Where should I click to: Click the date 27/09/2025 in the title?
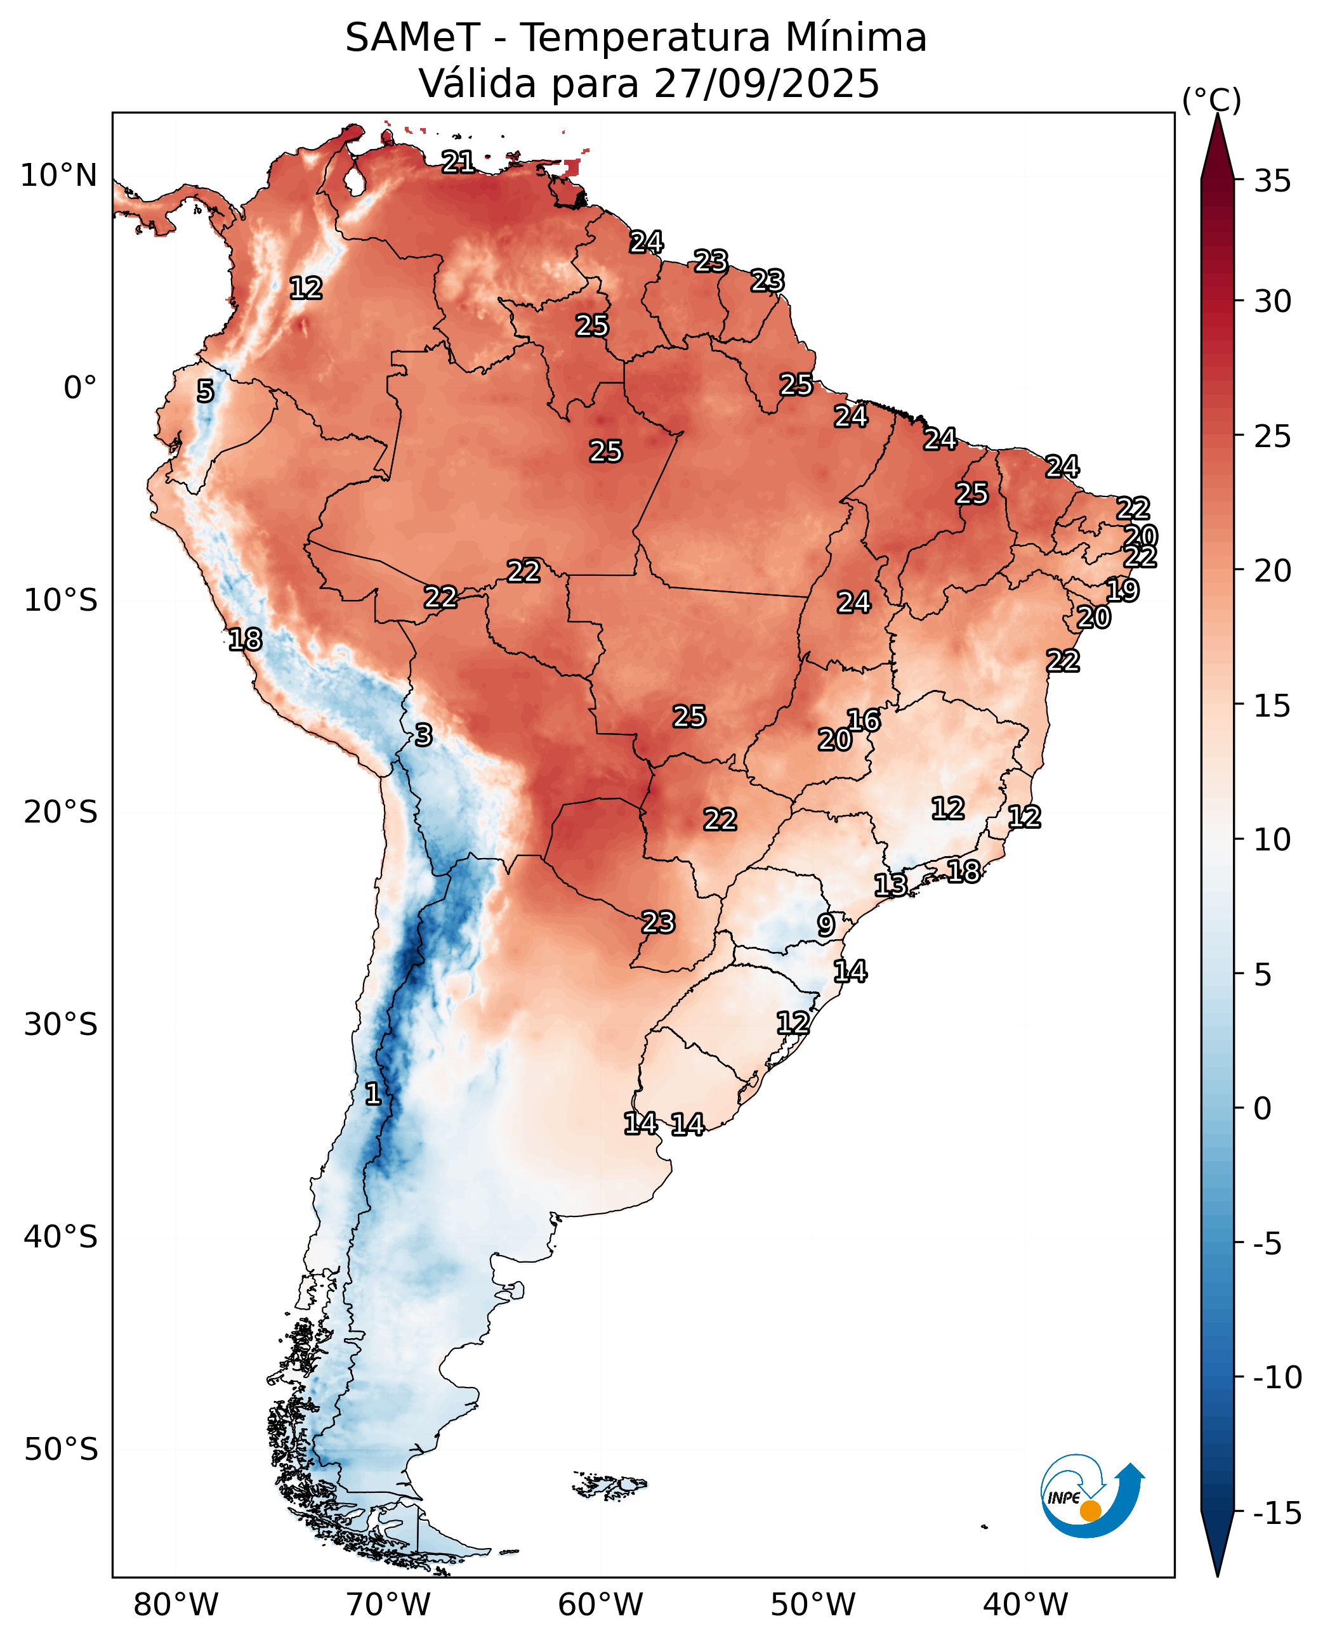point(766,84)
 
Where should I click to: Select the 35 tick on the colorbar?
point(1272,181)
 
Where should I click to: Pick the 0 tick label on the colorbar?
point(1262,1109)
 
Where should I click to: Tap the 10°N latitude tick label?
point(58,176)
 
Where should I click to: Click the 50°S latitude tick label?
point(61,1449)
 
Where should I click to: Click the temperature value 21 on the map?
point(458,162)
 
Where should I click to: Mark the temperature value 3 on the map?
point(424,735)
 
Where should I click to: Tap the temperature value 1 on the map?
point(372,1094)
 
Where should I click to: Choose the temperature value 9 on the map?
point(826,925)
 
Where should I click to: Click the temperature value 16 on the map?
point(864,720)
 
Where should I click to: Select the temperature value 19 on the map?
point(1122,590)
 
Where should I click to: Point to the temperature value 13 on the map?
point(890,884)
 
